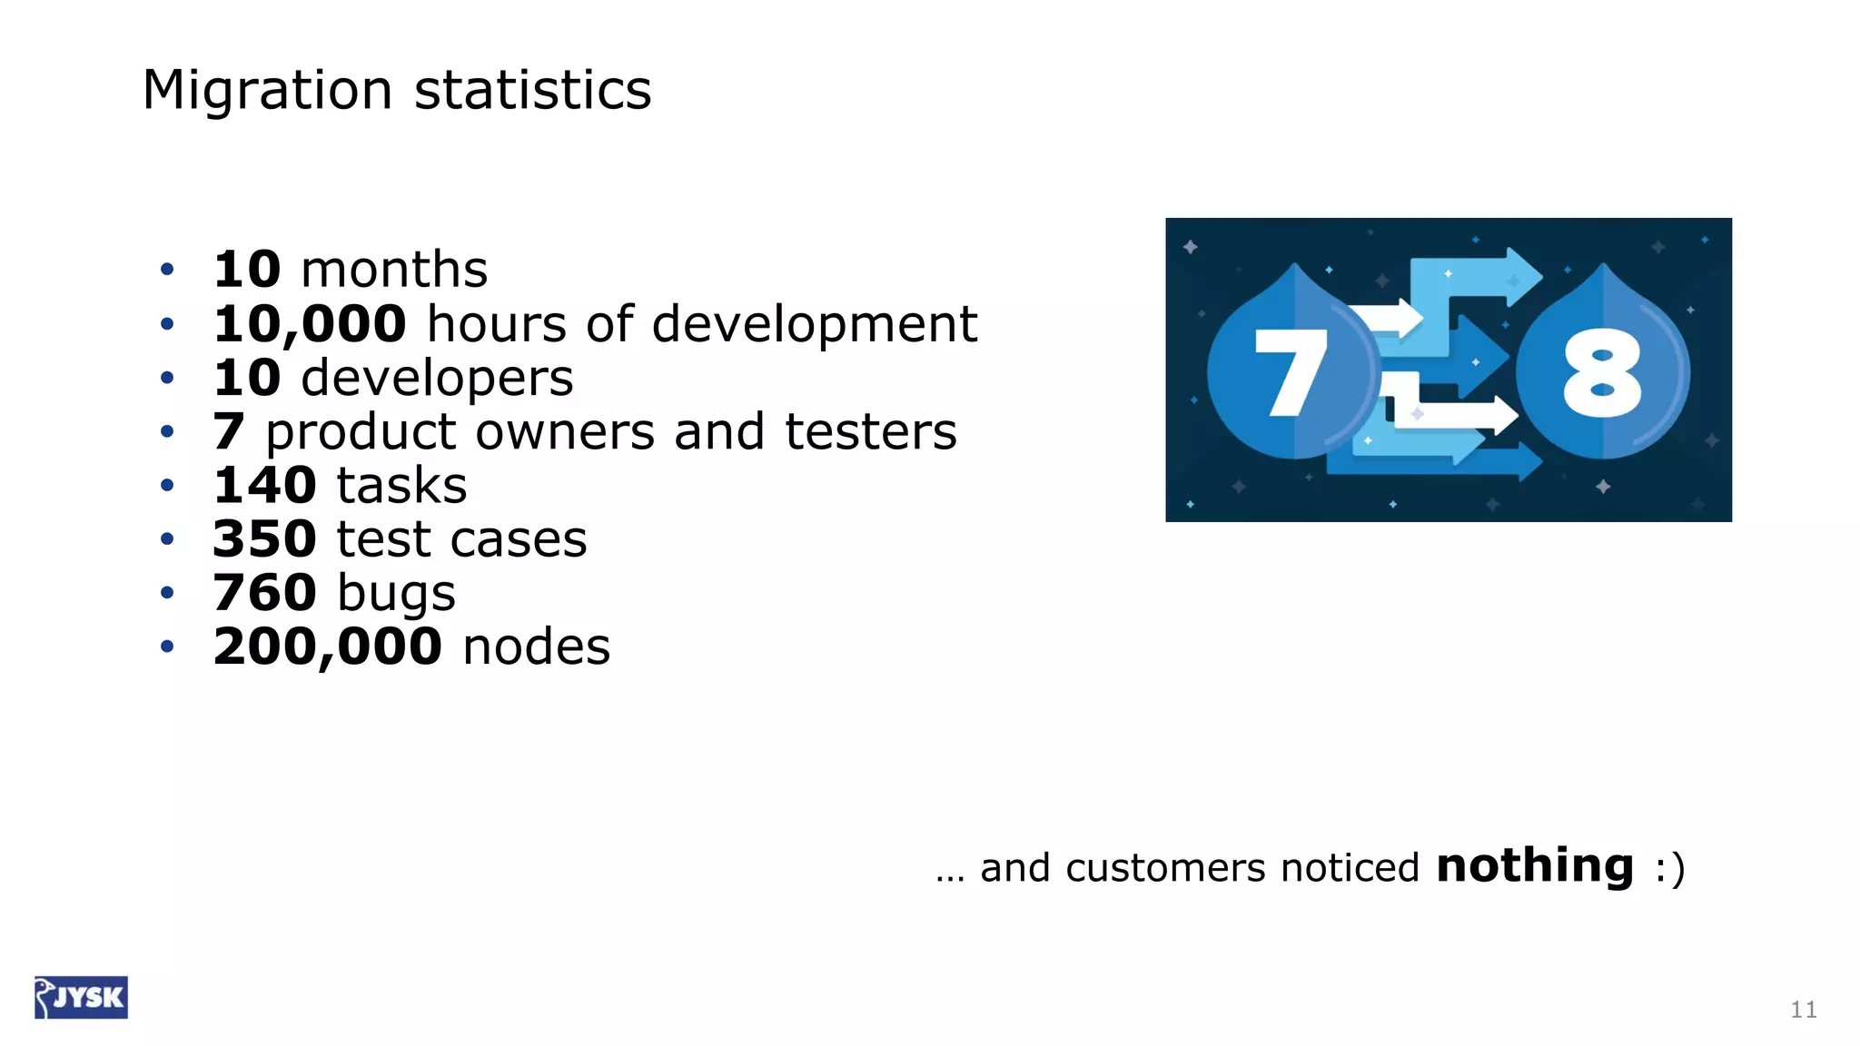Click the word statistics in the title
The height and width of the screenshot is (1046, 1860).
point(533,90)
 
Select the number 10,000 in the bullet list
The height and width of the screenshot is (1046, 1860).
point(310,324)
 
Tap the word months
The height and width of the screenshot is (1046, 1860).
point(394,270)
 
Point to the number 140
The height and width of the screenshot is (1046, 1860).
point(264,485)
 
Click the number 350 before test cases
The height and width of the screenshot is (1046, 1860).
point(264,538)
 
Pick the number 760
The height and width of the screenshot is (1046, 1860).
point(264,592)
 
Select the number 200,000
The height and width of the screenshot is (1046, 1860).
point(327,646)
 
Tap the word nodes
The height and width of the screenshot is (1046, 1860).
point(536,646)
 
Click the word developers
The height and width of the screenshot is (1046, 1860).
point(437,379)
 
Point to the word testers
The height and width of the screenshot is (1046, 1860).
point(870,431)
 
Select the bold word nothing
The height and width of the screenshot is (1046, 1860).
point(1535,865)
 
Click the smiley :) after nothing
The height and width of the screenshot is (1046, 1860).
point(1669,868)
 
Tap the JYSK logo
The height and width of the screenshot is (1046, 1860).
point(82,997)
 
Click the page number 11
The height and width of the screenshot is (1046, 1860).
point(1804,1010)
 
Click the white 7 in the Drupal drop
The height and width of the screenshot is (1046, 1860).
point(1290,372)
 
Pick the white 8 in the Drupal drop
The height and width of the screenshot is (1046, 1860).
point(1602,372)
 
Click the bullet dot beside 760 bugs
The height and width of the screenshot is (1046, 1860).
point(167,593)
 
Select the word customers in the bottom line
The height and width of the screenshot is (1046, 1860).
point(1165,868)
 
